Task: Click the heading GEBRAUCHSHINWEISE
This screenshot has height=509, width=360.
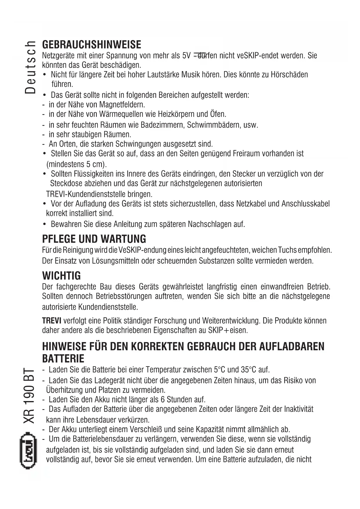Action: pyautogui.click(x=92, y=45)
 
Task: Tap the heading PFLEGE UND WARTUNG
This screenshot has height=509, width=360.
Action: pyautogui.click(x=94, y=239)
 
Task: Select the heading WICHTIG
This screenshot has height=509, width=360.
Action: pyautogui.click(x=61, y=275)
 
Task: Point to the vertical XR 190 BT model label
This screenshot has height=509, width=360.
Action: pyautogui.click(x=30, y=396)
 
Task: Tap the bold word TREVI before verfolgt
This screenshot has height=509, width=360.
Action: pyautogui.click(x=52, y=321)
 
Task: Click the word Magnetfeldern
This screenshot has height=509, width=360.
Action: pyautogui.click(x=122, y=104)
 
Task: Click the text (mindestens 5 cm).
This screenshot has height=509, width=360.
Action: pyautogui.click(x=77, y=164)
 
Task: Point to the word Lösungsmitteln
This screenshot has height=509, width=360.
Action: pyautogui.click(x=115, y=261)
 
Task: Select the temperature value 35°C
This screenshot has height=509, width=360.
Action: pyautogui.click(x=249, y=370)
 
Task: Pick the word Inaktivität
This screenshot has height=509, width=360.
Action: pyautogui.click(x=299, y=409)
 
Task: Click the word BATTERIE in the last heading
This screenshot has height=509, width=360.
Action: pyautogui.click(x=63, y=359)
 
